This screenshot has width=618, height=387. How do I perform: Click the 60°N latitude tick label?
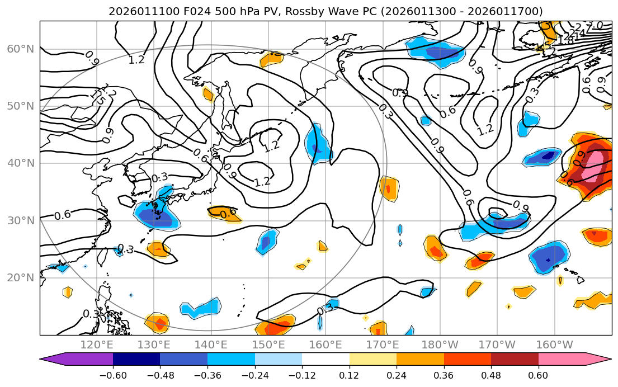[20, 49]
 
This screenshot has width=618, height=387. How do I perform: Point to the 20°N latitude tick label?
[20, 277]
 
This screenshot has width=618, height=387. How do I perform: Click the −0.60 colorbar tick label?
[113, 375]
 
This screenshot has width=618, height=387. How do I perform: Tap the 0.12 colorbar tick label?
[349, 375]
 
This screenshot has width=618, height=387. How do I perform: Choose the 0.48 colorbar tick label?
[490, 375]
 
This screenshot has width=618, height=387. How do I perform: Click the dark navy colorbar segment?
[136, 359]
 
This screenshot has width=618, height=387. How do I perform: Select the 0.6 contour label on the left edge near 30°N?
[63, 215]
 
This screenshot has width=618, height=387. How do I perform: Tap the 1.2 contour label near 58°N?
[137, 59]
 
